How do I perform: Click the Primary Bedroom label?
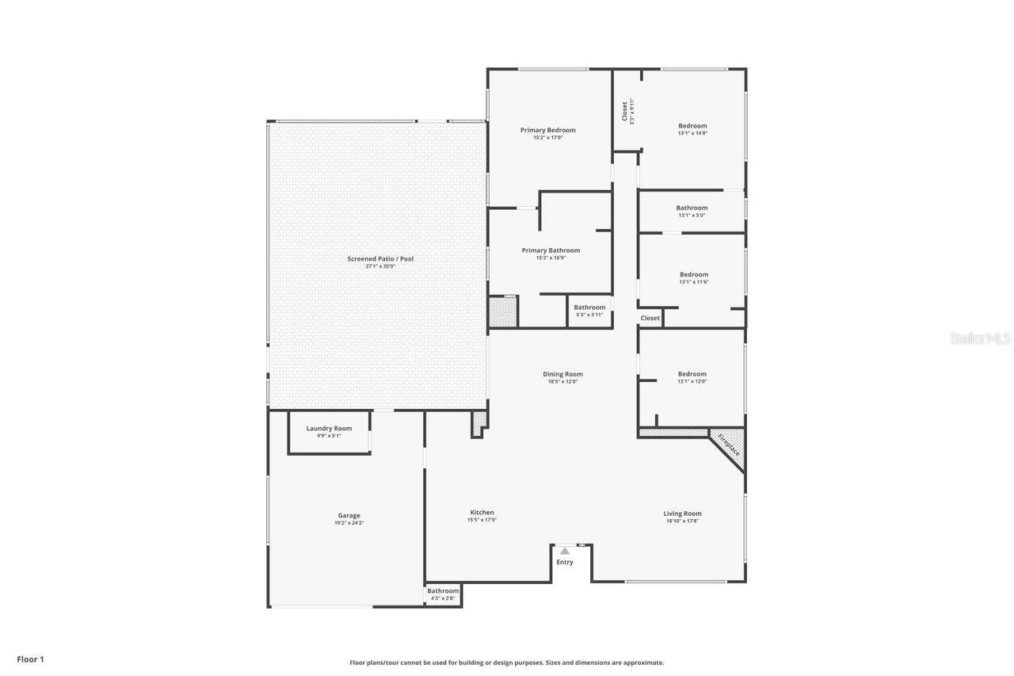547,130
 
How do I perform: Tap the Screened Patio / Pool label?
380,258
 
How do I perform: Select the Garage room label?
349,515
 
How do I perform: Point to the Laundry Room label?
329,428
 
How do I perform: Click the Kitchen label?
482,512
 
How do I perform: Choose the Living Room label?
682,514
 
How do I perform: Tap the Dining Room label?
562,374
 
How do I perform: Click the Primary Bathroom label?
551,250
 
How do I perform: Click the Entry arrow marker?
565,551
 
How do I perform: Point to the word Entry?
565,562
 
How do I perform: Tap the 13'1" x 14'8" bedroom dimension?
692,133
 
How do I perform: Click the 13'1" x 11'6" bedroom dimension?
694,282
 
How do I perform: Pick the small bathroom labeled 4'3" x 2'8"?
443,594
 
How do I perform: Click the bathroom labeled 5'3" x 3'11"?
589,311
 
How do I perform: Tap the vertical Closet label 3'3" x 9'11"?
627,111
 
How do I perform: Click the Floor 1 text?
31,659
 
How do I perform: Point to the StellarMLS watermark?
981,338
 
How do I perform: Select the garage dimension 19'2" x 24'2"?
349,523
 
